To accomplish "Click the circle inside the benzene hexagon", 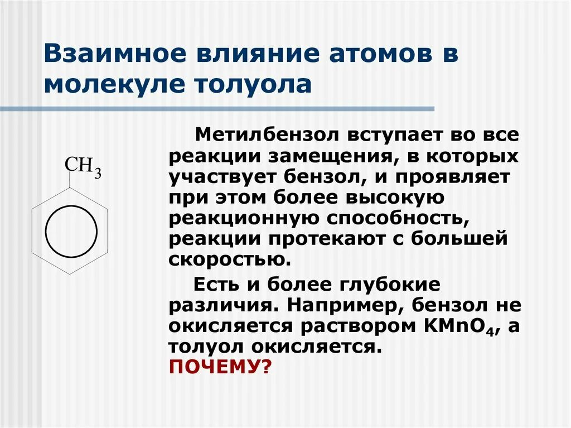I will [71, 230].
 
